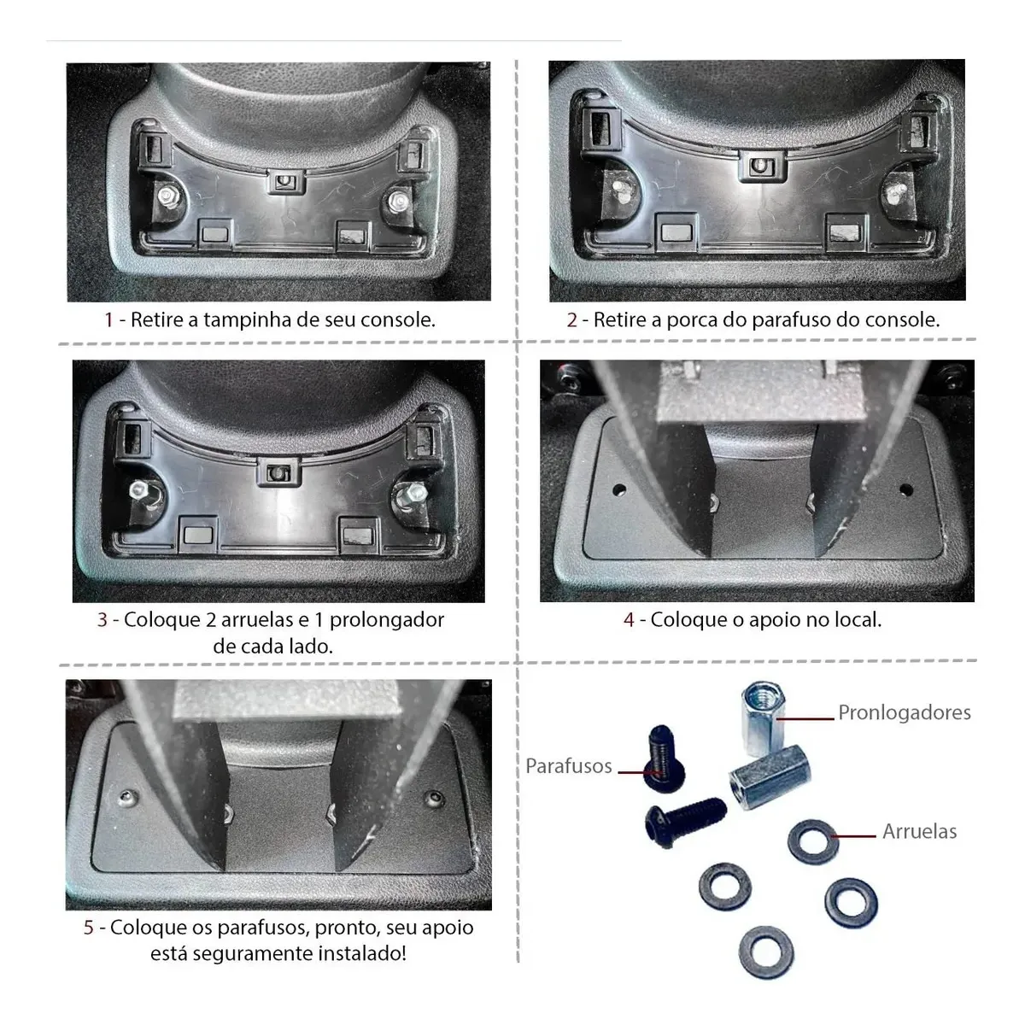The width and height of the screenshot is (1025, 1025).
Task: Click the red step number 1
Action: (109, 320)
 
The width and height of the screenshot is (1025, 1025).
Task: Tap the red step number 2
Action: (571, 320)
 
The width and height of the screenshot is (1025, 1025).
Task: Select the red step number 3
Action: (102, 620)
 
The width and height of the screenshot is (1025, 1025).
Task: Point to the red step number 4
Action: (630, 620)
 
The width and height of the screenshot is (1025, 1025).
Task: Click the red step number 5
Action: (89, 928)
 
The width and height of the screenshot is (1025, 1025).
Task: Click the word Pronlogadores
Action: (905, 712)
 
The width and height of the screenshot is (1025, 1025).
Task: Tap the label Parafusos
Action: (569, 766)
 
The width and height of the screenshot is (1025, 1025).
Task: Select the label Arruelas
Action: (920, 831)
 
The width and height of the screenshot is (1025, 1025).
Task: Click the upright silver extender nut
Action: (764, 718)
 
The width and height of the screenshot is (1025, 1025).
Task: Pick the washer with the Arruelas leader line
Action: (813, 841)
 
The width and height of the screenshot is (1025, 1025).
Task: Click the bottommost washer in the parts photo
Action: (766, 952)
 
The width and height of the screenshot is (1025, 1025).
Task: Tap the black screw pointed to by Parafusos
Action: (664, 758)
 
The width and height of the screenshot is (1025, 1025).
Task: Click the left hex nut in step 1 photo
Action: (167, 196)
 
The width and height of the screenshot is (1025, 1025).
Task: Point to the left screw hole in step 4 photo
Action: (619, 489)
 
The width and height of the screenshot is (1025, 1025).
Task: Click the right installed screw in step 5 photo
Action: (434, 798)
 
